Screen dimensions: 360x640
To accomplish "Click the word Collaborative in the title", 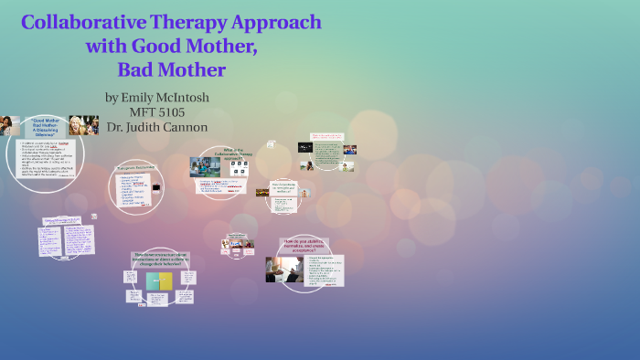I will (73, 22).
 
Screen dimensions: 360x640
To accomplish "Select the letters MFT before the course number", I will (144, 112).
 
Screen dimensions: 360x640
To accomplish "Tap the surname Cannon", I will (188, 127).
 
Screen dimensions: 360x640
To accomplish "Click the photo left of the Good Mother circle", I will (10, 125).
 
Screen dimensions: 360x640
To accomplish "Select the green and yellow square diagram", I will (159, 281).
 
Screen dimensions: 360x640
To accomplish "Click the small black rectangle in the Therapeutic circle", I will (156, 186).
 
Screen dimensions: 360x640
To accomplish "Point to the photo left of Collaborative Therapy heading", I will (204, 166).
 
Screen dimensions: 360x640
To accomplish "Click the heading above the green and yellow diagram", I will (160, 259).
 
